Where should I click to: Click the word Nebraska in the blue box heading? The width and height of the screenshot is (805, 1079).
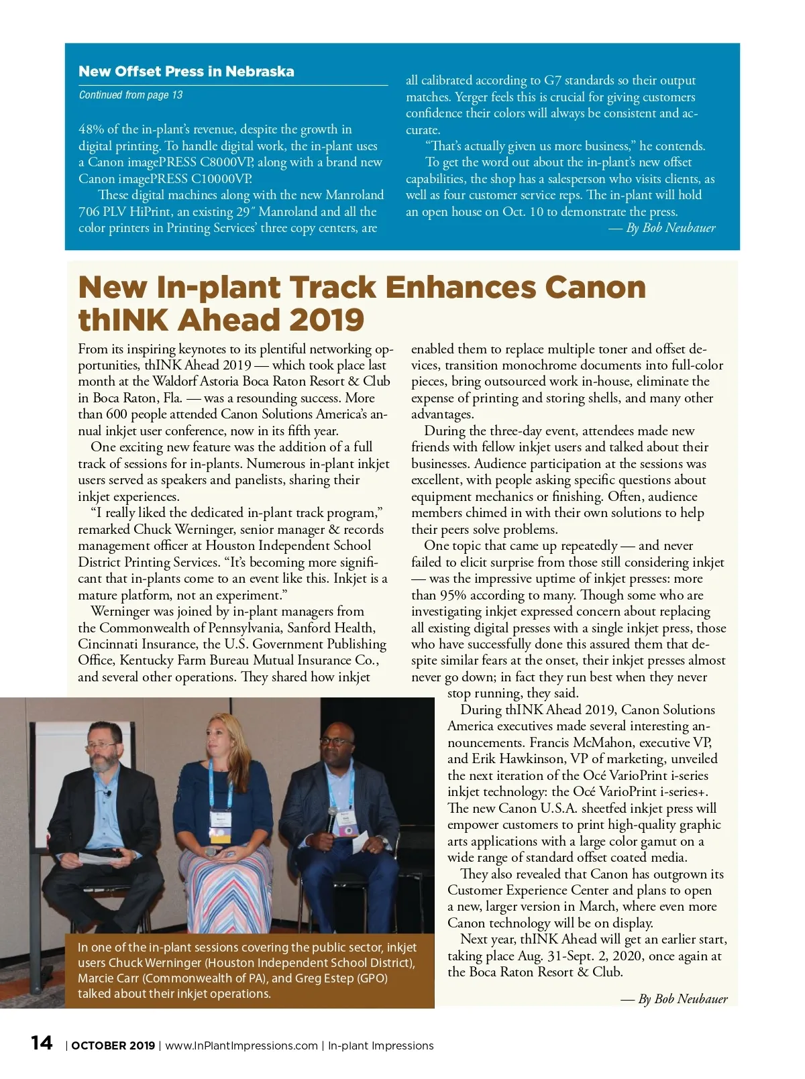click(x=260, y=72)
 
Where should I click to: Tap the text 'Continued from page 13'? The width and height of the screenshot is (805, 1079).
click(x=131, y=95)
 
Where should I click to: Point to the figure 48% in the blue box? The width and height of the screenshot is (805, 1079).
click(x=91, y=129)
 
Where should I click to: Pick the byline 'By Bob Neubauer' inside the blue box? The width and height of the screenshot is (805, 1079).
click(x=670, y=228)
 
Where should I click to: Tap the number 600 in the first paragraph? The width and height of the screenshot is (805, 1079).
click(x=117, y=414)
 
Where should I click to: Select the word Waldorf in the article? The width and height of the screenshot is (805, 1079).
click(x=175, y=382)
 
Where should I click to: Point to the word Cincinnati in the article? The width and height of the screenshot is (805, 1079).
click(x=108, y=644)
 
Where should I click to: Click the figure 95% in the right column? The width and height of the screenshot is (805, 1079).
click(x=453, y=595)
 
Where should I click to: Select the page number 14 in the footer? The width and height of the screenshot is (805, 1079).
click(x=42, y=1043)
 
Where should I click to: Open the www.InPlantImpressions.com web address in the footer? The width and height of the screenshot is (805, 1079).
click(x=241, y=1046)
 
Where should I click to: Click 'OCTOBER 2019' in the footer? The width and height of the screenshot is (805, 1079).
click(x=113, y=1046)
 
